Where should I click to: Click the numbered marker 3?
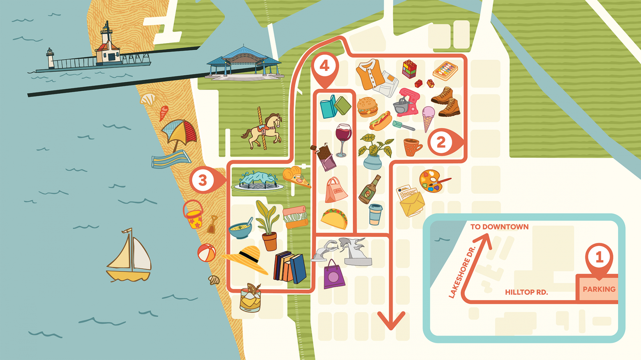click(203, 181)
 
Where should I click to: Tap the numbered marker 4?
click(325, 66)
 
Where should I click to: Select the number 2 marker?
click(441, 142)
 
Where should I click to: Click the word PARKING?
click(599, 289)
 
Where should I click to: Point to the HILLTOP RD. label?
click(526, 292)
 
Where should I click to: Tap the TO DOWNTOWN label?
click(499, 227)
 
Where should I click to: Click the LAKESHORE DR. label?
click(462, 272)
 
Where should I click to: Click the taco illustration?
click(335, 218)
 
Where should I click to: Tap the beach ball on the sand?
click(206, 253)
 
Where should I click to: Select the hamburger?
click(367, 107)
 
